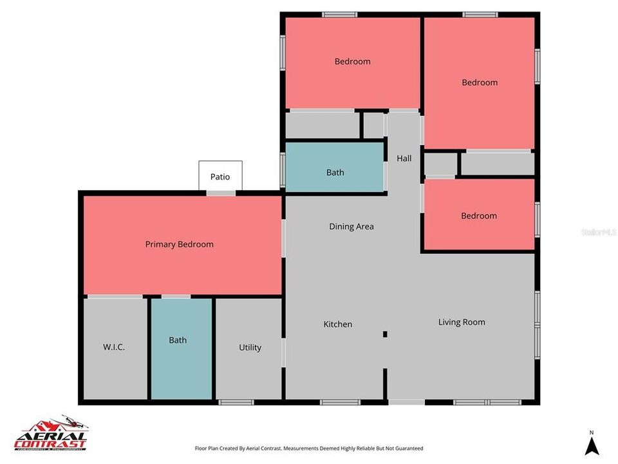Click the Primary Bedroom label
tap(179, 244)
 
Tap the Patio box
tap(220, 176)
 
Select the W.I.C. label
tap(114, 347)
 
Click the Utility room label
tap(250, 347)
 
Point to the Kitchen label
tap(337, 324)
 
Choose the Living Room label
tap(462, 322)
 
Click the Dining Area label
tap(351, 226)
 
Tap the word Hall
tap(404, 158)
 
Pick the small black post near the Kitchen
tap(385, 334)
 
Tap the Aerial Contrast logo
tap(51, 432)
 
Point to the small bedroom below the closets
tap(479, 215)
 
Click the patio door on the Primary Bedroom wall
tap(221, 193)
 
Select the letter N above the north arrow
tap(591, 432)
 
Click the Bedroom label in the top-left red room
tap(352, 62)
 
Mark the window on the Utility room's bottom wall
tap(236, 402)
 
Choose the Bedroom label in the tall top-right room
tap(480, 82)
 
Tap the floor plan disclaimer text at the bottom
tap(309, 448)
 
